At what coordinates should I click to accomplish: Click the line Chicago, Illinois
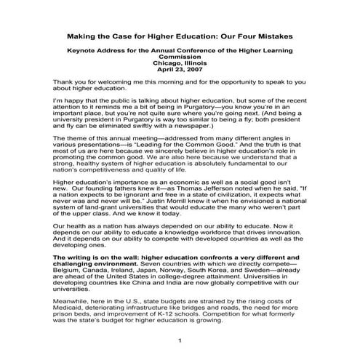[x=179, y=63]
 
